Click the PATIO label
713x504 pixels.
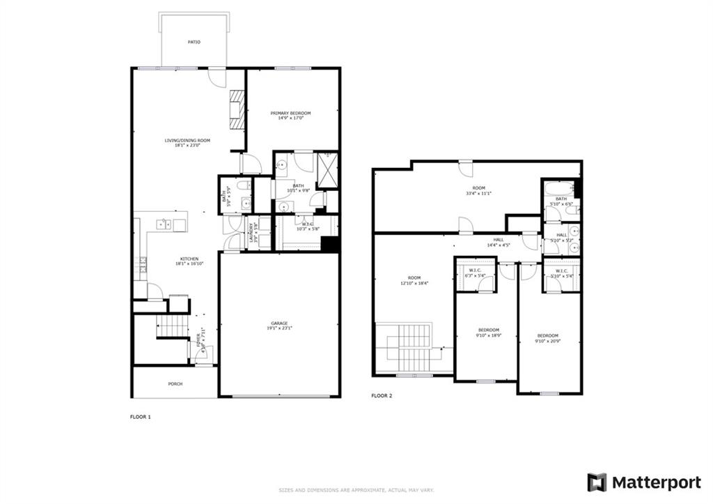(x=194, y=43)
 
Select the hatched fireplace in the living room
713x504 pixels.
(x=238, y=110)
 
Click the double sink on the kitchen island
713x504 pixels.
(x=165, y=224)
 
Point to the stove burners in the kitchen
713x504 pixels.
(x=143, y=264)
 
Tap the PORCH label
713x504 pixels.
(x=175, y=384)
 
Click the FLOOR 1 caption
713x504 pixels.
(x=140, y=417)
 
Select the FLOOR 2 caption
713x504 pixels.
(x=382, y=395)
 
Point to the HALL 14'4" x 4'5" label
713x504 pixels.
(x=494, y=241)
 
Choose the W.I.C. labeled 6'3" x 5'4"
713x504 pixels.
(x=476, y=273)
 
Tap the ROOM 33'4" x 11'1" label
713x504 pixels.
(x=478, y=190)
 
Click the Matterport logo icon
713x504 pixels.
(x=597, y=482)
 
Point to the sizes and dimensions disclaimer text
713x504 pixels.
(x=356, y=489)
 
